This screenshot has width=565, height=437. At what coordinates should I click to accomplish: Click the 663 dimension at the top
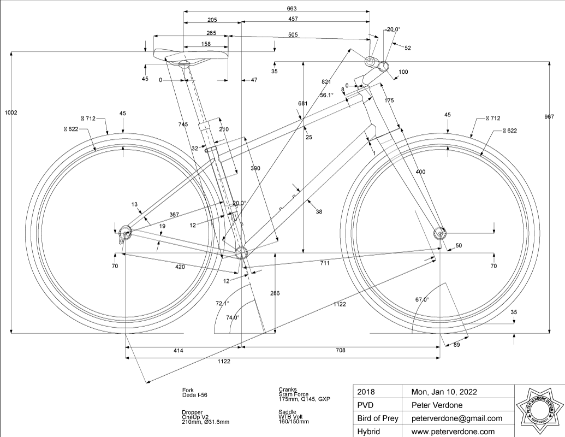coord(276,8)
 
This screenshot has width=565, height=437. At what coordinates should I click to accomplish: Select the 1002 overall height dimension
coord(11,113)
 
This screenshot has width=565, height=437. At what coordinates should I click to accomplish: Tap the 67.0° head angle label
coord(422,300)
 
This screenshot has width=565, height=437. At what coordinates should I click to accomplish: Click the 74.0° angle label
coord(233,317)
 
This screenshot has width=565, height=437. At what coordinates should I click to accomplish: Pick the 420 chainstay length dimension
coord(180,267)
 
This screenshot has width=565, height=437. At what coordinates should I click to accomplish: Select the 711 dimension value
coord(325,263)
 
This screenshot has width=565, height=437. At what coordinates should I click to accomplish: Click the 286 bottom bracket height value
coord(275,293)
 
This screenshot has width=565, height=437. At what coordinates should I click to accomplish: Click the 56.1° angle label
coord(326,95)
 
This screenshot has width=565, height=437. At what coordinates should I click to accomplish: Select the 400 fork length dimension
coord(420,172)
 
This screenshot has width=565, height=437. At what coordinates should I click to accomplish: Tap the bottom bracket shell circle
coord(241,252)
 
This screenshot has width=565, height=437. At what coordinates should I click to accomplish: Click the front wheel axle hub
coord(439,234)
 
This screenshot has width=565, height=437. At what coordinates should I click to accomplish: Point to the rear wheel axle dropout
coord(126,234)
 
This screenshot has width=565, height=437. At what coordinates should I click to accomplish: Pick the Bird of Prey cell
coord(378,418)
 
